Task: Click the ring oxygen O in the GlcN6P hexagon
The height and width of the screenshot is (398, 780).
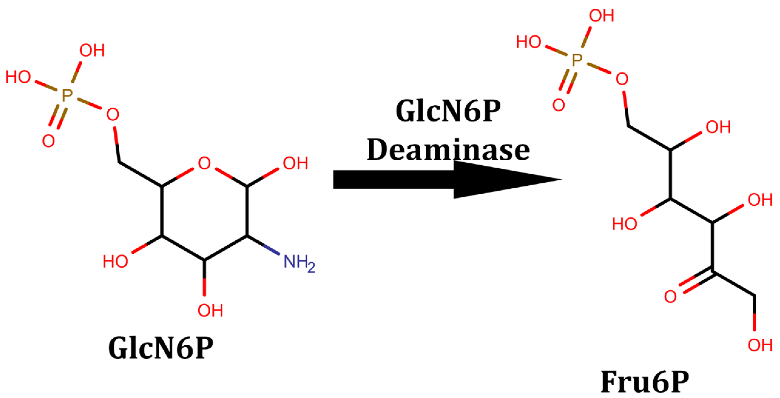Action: [204, 163]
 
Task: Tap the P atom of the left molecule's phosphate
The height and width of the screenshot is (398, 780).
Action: [67, 96]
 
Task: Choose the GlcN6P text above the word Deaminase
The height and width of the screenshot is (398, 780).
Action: [448, 111]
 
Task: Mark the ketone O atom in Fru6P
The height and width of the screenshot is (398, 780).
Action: [670, 297]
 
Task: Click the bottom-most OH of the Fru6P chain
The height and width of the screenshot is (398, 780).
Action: [760, 345]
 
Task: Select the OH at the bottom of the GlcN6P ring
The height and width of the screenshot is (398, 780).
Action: [210, 311]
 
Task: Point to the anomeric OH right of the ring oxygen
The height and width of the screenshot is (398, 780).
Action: [295, 163]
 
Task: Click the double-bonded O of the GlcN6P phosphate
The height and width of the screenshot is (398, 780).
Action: [49, 141]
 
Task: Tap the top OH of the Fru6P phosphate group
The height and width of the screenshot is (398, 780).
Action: [601, 16]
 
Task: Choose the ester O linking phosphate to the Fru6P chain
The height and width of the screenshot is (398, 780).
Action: [622, 79]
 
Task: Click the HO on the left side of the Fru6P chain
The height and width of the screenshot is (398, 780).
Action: [625, 224]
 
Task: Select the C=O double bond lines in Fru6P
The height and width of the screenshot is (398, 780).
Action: [695, 282]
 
